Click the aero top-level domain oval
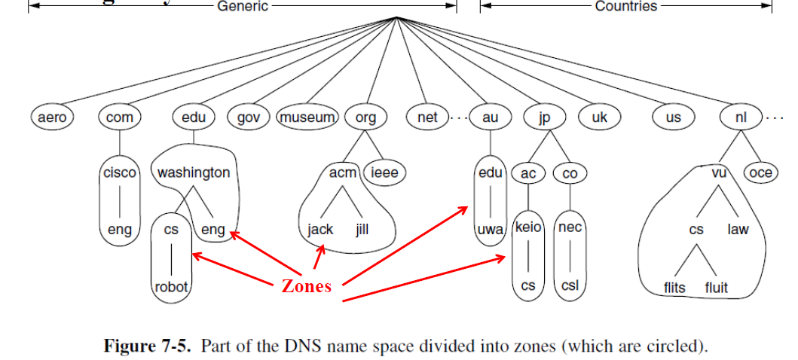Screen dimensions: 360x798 (x=52, y=117)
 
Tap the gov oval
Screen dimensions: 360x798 (x=249, y=117)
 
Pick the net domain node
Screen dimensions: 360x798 (x=427, y=117)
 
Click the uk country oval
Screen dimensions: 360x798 (x=600, y=117)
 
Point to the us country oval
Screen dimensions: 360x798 (x=673, y=117)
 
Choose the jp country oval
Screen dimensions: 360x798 (x=545, y=117)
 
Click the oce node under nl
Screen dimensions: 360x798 (x=761, y=173)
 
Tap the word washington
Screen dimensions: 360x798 (x=194, y=172)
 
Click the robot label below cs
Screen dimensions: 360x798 (x=171, y=286)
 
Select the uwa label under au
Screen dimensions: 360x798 (x=491, y=230)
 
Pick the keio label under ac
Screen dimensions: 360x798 (x=527, y=226)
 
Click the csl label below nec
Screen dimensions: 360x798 (x=570, y=286)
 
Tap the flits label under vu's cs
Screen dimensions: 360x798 (x=675, y=288)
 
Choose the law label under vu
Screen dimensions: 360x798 (x=738, y=230)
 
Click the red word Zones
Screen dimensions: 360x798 (x=306, y=286)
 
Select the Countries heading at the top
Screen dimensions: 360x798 (x=626, y=6)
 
